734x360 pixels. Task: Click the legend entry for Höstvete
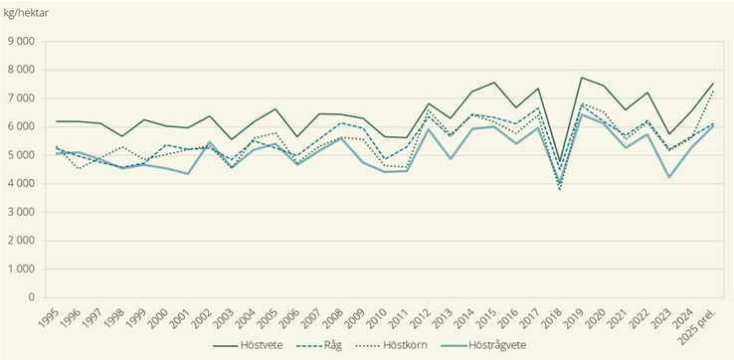tap(251, 345)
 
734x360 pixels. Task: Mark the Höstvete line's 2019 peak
tap(581, 78)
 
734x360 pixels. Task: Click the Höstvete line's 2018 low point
tap(559, 162)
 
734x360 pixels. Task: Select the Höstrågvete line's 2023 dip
tap(669, 177)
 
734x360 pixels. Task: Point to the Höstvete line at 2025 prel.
tap(713, 84)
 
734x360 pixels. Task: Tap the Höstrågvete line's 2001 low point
tap(187, 174)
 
